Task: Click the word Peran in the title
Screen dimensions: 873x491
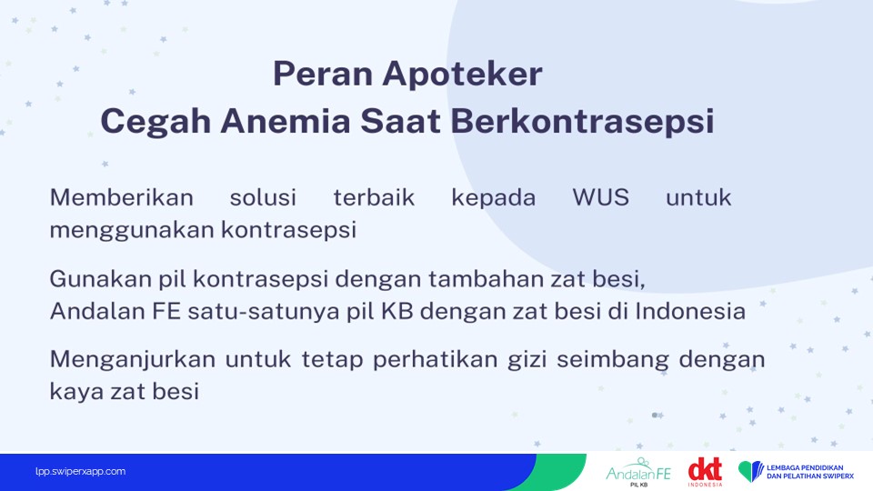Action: [322, 74]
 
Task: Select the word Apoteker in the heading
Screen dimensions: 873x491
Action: [462, 74]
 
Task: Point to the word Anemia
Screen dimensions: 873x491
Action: [285, 121]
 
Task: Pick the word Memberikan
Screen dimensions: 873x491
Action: [121, 197]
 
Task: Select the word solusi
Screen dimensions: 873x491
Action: [263, 197]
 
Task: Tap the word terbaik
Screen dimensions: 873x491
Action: [374, 197]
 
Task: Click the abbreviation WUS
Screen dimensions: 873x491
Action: [601, 197]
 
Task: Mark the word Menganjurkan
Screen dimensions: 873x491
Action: [133, 360]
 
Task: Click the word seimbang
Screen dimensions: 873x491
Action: [612, 360]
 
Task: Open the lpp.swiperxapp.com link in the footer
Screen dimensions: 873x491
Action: [80, 472]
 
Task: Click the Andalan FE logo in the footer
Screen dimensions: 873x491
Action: [638, 472]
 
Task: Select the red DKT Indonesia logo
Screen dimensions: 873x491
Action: [705, 472]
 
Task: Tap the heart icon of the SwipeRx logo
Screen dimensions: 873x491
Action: [751, 471]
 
